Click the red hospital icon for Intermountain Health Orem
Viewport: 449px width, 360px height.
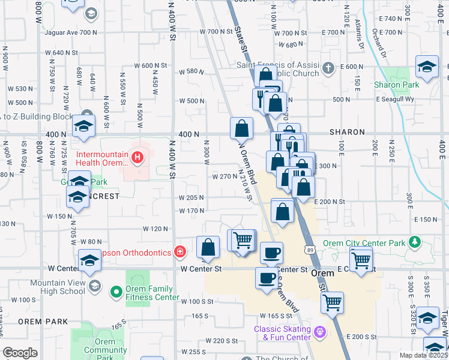(137, 158)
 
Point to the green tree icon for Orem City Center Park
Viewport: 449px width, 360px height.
(414, 242)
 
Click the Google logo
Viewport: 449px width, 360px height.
(20, 353)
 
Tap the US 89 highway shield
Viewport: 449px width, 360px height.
(309, 233)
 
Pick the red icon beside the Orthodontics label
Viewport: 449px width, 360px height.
(179, 252)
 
